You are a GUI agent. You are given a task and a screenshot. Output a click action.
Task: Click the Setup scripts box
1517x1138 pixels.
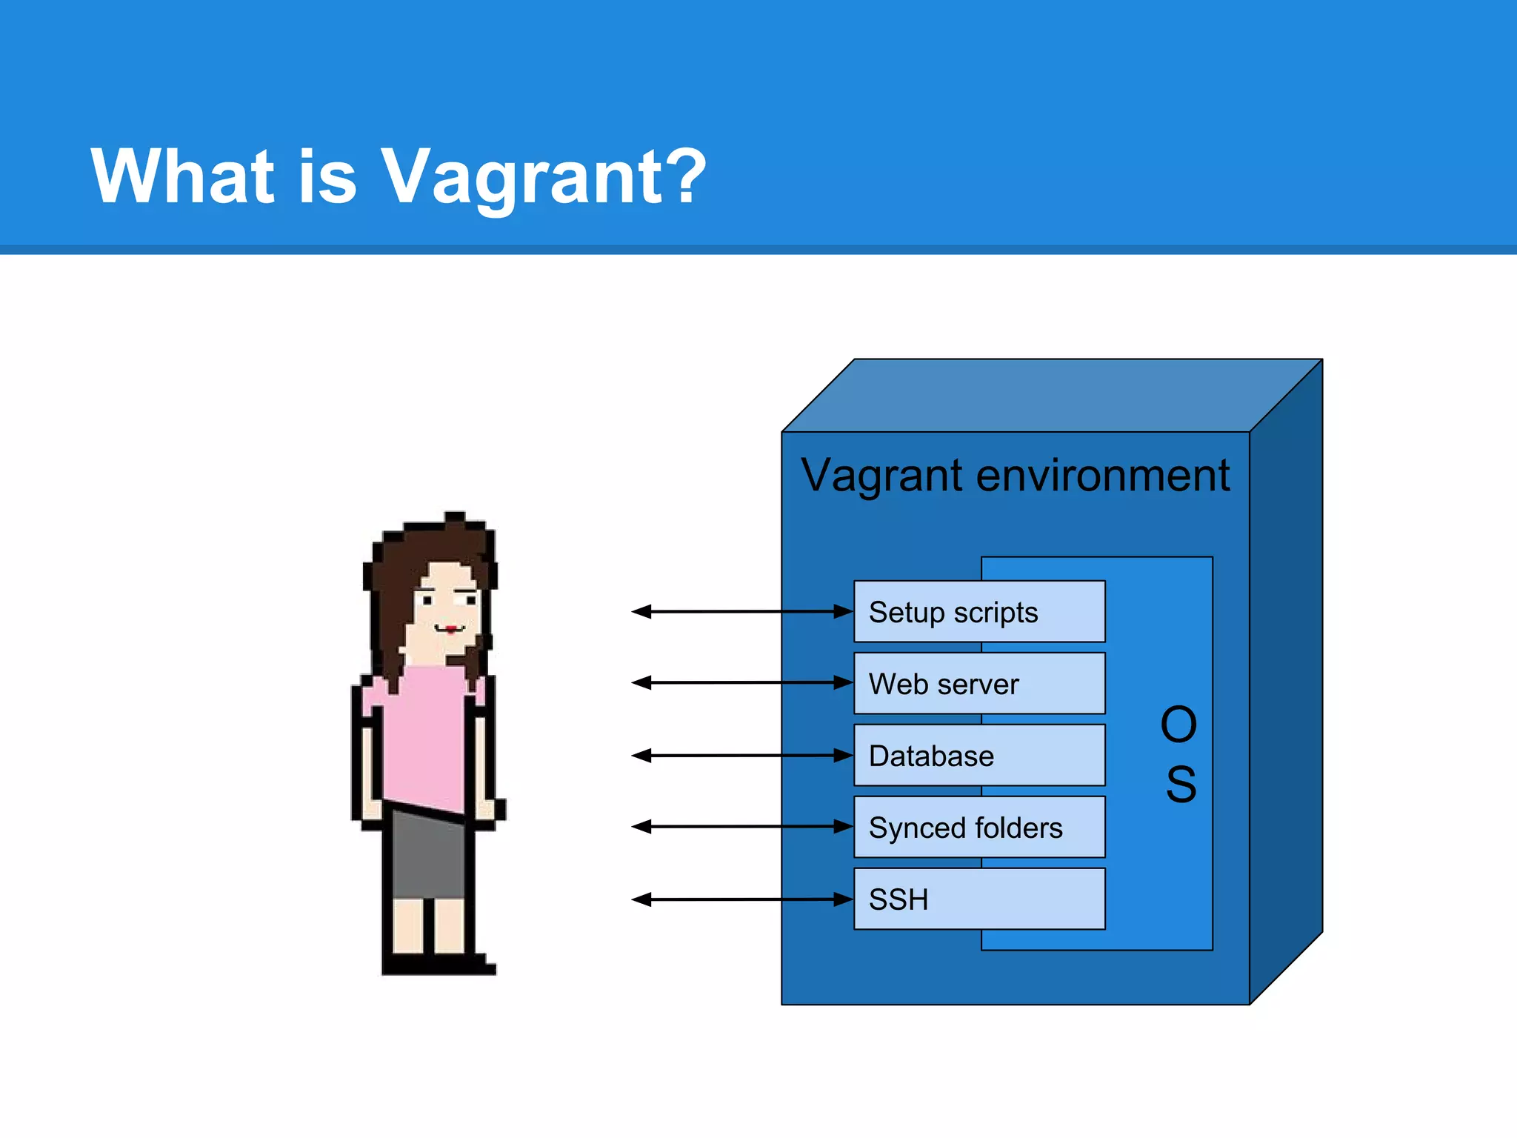(x=978, y=612)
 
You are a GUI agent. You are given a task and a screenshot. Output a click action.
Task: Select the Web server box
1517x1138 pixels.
(x=978, y=683)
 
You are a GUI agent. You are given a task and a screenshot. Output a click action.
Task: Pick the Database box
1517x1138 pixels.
(x=978, y=756)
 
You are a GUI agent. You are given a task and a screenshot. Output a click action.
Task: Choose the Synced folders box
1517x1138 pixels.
(x=978, y=828)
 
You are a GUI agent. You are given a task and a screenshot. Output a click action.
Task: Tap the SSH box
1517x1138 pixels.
(x=978, y=899)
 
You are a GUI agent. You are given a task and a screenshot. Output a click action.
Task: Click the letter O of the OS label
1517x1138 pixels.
(x=1178, y=725)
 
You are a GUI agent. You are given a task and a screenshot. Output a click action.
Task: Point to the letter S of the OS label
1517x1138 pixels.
(x=1181, y=784)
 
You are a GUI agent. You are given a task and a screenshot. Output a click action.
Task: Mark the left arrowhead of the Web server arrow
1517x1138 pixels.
(x=641, y=682)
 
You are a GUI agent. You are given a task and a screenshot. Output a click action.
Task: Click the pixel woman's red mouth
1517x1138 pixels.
(x=450, y=630)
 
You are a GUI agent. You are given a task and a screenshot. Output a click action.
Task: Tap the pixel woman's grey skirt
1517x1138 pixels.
(x=428, y=856)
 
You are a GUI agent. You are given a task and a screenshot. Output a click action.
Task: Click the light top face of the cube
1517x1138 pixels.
(x=1052, y=396)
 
